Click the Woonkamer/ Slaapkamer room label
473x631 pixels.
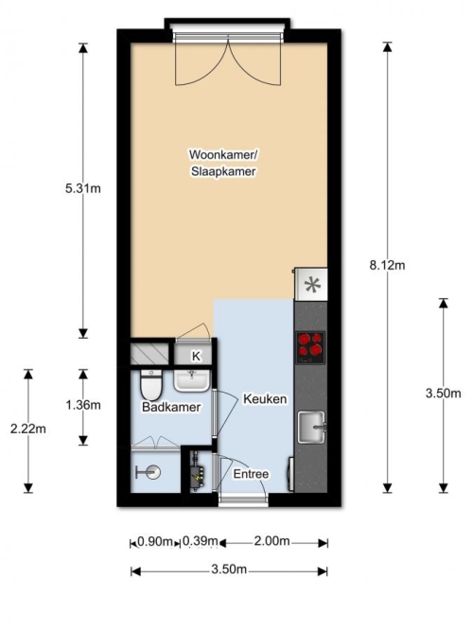(223, 163)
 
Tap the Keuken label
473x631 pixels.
(265, 399)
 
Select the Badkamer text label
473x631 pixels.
(171, 407)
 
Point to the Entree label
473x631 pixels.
(251, 474)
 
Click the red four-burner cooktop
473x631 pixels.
(310, 347)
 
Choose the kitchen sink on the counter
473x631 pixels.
(311, 427)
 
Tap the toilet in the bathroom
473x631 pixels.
(151, 384)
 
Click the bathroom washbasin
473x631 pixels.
(191, 380)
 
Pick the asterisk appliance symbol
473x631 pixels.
(312, 285)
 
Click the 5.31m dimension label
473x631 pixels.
(83, 188)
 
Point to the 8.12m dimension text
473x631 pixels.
(387, 265)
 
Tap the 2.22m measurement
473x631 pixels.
(28, 429)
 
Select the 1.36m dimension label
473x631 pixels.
(83, 405)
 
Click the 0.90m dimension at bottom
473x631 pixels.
(155, 541)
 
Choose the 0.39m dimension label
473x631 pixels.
(200, 541)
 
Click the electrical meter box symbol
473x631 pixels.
(197, 472)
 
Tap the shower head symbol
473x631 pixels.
(149, 472)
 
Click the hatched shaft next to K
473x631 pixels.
(149, 353)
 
